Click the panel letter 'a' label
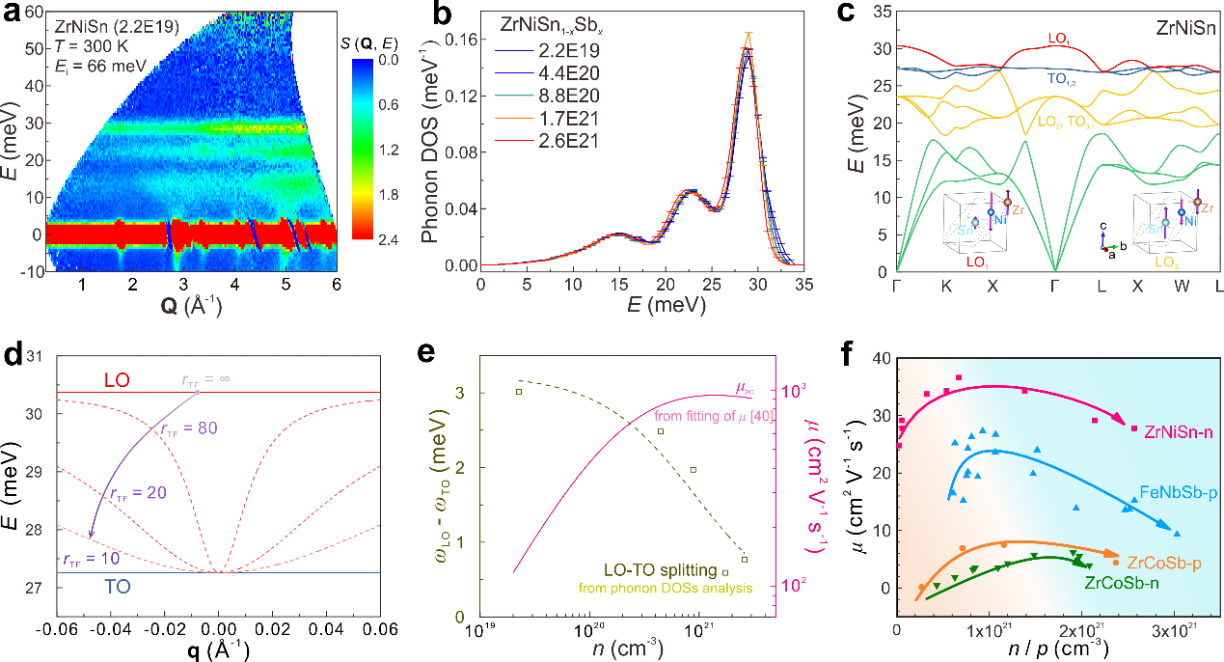14,13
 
